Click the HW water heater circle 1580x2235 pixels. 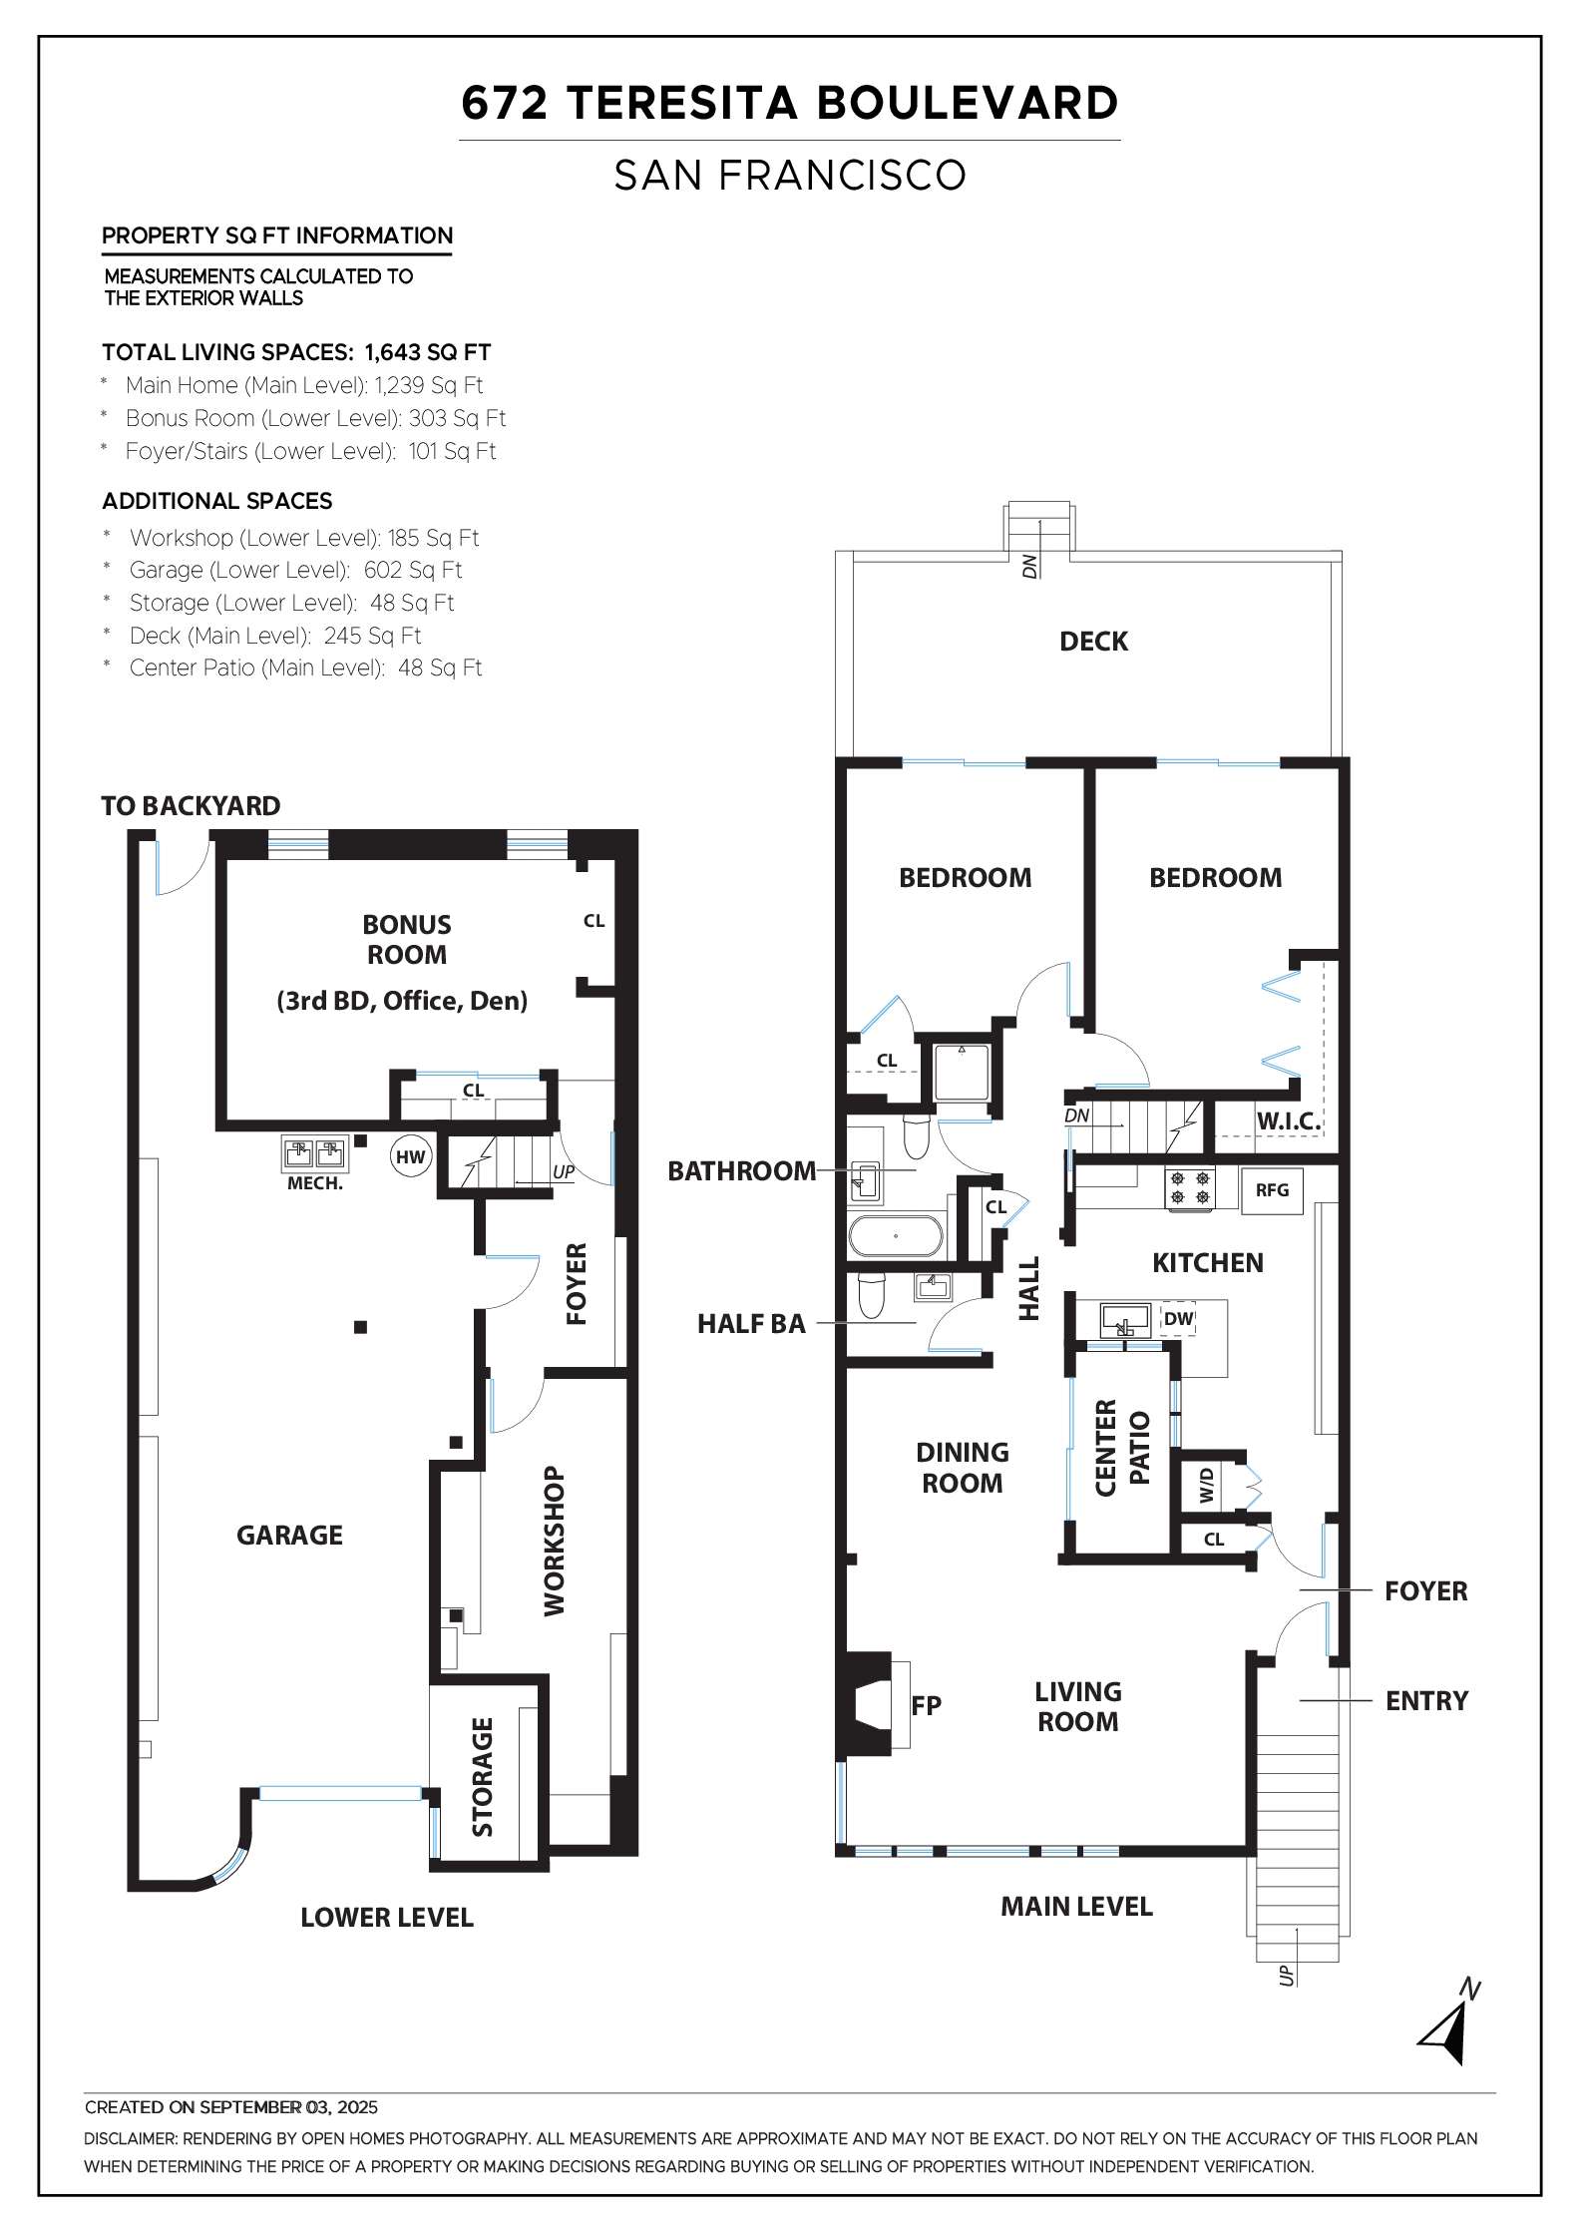[x=410, y=1157]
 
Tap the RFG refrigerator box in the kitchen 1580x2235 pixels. [x=1272, y=1190]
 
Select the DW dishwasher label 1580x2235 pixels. [x=1178, y=1319]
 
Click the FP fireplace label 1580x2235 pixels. [x=927, y=1705]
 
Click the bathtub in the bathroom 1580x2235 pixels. [x=895, y=1235]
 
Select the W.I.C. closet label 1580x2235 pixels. [x=1288, y=1120]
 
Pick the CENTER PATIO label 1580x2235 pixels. [x=1122, y=1448]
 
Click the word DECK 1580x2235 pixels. [x=1093, y=642]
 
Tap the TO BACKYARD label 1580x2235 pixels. [x=191, y=806]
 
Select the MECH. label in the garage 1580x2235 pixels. [x=314, y=1184]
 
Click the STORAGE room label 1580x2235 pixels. [x=483, y=1777]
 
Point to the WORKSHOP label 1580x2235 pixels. [x=555, y=1542]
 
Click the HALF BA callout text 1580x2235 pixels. [x=751, y=1324]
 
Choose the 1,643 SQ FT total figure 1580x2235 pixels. [x=428, y=352]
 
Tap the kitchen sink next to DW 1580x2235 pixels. [x=1126, y=1319]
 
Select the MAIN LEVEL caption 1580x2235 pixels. [x=1076, y=1907]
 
